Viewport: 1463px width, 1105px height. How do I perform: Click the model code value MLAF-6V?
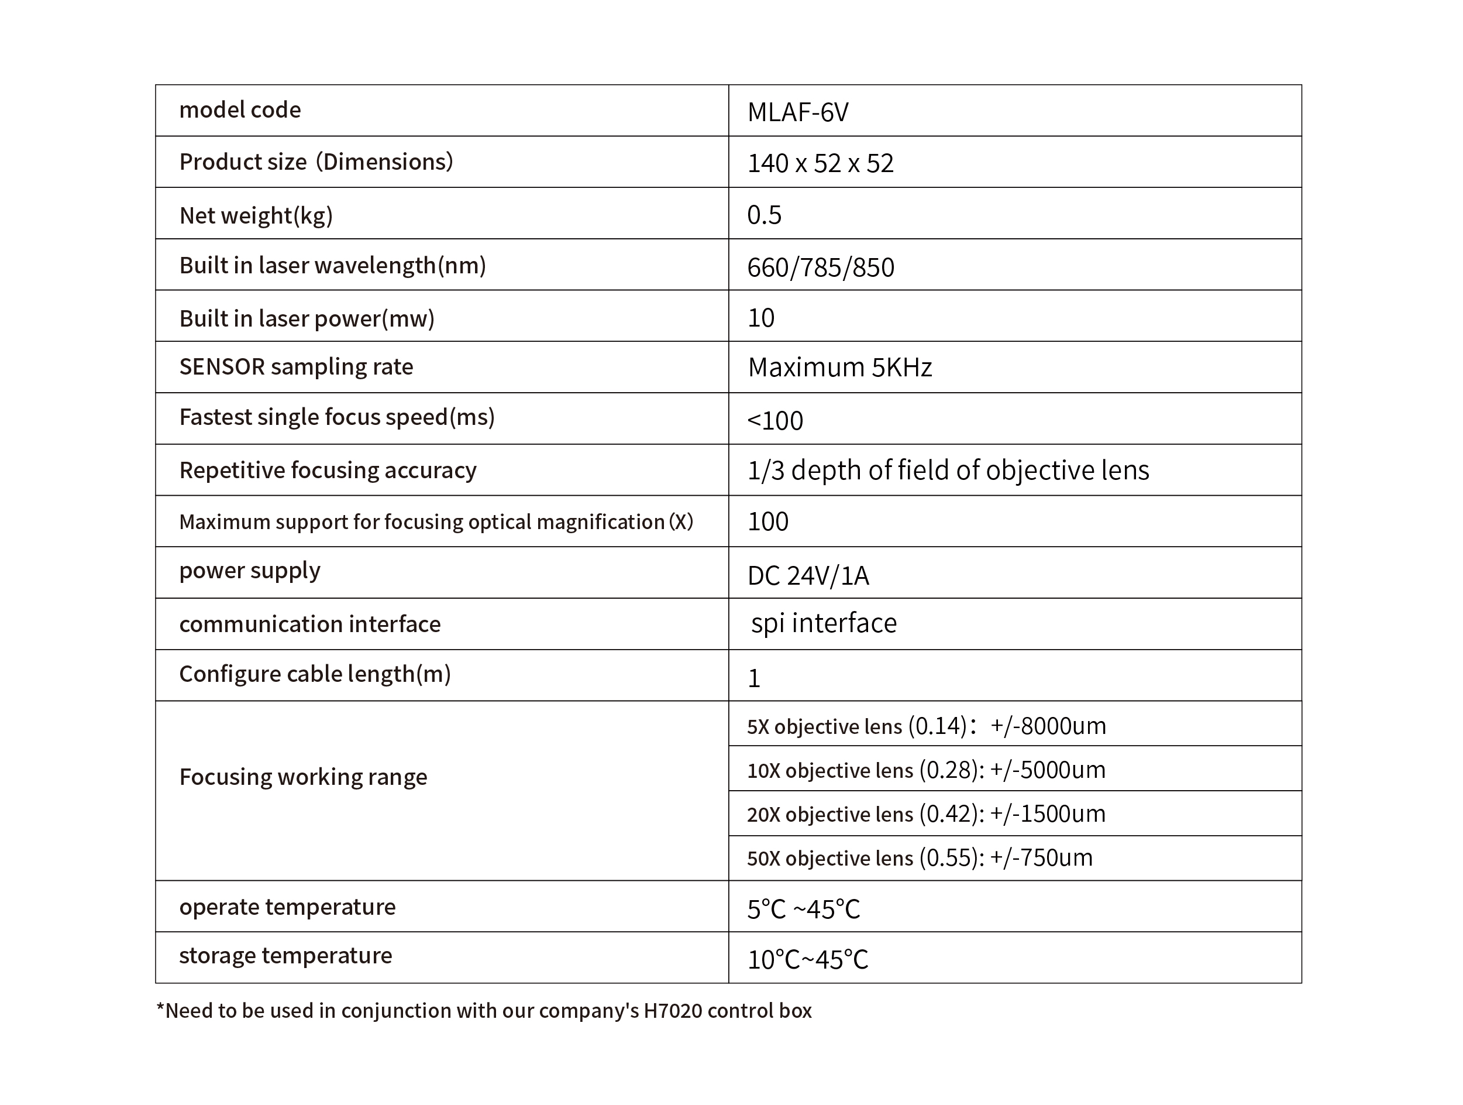point(798,112)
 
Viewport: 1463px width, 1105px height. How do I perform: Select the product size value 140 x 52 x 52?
point(820,163)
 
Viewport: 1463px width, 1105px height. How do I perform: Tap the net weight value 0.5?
point(764,215)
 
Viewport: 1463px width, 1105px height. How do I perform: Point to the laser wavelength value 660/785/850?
point(820,267)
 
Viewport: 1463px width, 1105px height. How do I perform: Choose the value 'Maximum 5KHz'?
point(839,367)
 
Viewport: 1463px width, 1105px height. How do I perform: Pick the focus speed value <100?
point(774,420)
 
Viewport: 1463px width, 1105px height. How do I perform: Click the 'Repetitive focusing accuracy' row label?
point(328,471)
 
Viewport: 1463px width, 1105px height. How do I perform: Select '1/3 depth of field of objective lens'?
point(948,471)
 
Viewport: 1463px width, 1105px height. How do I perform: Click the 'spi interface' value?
point(824,623)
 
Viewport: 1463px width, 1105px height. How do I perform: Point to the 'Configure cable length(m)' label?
point(315,674)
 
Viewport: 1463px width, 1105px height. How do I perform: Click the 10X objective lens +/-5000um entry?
point(926,770)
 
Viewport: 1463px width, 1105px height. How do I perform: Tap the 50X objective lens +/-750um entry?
point(920,858)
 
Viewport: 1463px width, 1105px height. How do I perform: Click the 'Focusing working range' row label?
point(303,777)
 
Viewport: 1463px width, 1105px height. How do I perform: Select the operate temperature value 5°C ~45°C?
point(803,909)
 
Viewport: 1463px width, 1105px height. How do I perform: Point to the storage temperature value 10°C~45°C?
point(807,959)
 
